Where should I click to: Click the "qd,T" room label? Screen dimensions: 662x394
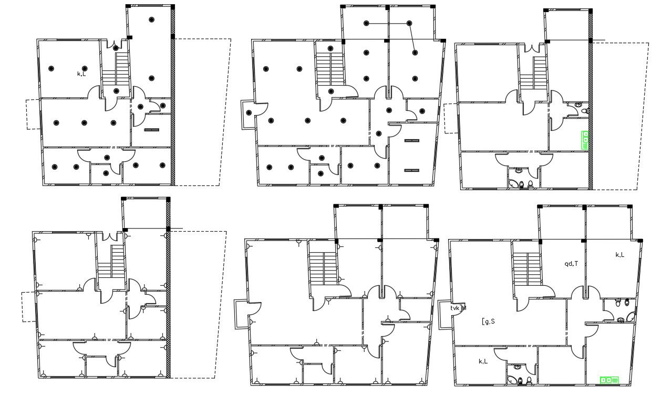[571, 264]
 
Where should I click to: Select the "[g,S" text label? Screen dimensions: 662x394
[488, 321]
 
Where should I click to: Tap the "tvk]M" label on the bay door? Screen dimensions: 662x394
[458, 308]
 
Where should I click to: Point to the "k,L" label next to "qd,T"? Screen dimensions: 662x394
[620, 255]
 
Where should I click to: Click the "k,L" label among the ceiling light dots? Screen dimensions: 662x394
[81, 74]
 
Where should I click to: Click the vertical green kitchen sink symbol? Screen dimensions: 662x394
[585, 140]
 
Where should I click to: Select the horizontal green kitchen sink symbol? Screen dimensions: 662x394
[609, 380]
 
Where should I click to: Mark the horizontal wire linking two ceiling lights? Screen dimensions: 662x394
[388, 23]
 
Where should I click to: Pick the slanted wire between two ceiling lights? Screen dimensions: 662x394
[412, 38]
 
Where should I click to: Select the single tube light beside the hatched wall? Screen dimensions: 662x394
[151, 129]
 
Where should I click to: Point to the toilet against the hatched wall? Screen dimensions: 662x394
[585, 111]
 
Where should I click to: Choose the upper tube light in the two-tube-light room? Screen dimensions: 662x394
[411, 140]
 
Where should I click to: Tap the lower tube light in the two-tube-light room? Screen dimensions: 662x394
[411, 170]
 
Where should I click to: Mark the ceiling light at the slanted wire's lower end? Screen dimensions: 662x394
[415, 53]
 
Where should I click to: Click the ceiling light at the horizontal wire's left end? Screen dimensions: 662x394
[367, 23]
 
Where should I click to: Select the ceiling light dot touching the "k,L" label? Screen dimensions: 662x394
[84, 68]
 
